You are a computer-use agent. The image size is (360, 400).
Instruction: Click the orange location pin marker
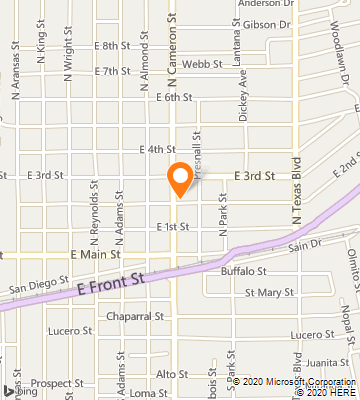(x=179, y=178)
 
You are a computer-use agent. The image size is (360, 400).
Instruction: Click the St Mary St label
(x=269, y=293)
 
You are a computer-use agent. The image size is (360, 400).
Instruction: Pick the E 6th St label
(x=174, y=96)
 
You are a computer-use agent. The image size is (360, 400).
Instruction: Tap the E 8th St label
(x=112, y=46)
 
